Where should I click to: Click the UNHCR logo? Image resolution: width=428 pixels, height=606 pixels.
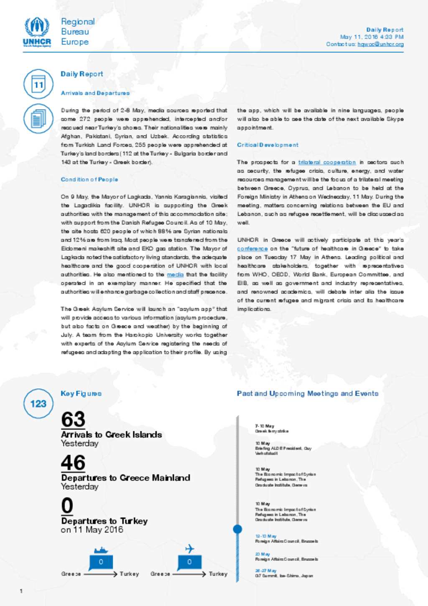coord(37,32)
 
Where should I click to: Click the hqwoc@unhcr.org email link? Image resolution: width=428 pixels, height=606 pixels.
coord(380,44)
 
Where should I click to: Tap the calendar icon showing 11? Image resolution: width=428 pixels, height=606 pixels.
coord(38,84)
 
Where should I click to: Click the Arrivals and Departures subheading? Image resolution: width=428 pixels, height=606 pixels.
coord(95,93)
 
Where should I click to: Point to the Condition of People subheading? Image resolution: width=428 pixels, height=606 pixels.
coord(89,179)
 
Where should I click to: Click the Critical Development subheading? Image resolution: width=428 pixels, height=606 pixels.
coord(267,145)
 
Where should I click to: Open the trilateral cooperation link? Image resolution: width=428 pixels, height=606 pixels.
coord(327,162)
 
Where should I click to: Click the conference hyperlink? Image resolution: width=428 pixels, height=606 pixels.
coord(252,249)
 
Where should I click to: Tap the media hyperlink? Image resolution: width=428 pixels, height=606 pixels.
coord(175,275)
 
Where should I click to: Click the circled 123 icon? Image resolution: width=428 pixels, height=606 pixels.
coord(38,404)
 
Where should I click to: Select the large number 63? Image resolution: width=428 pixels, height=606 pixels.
coord(73,419)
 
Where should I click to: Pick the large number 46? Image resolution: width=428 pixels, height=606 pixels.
coord(73,463)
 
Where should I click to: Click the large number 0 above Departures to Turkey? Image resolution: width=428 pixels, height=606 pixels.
coord(67,506)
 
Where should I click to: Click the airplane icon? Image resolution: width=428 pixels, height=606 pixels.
coord(190,548)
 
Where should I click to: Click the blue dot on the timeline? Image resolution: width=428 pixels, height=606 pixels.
coord(237,529)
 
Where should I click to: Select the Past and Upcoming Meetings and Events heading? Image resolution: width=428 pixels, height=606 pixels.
coord(308,394)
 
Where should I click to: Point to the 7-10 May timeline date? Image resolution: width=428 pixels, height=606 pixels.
coord(265,426)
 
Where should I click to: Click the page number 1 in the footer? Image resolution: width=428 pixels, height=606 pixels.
coord(21,591)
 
